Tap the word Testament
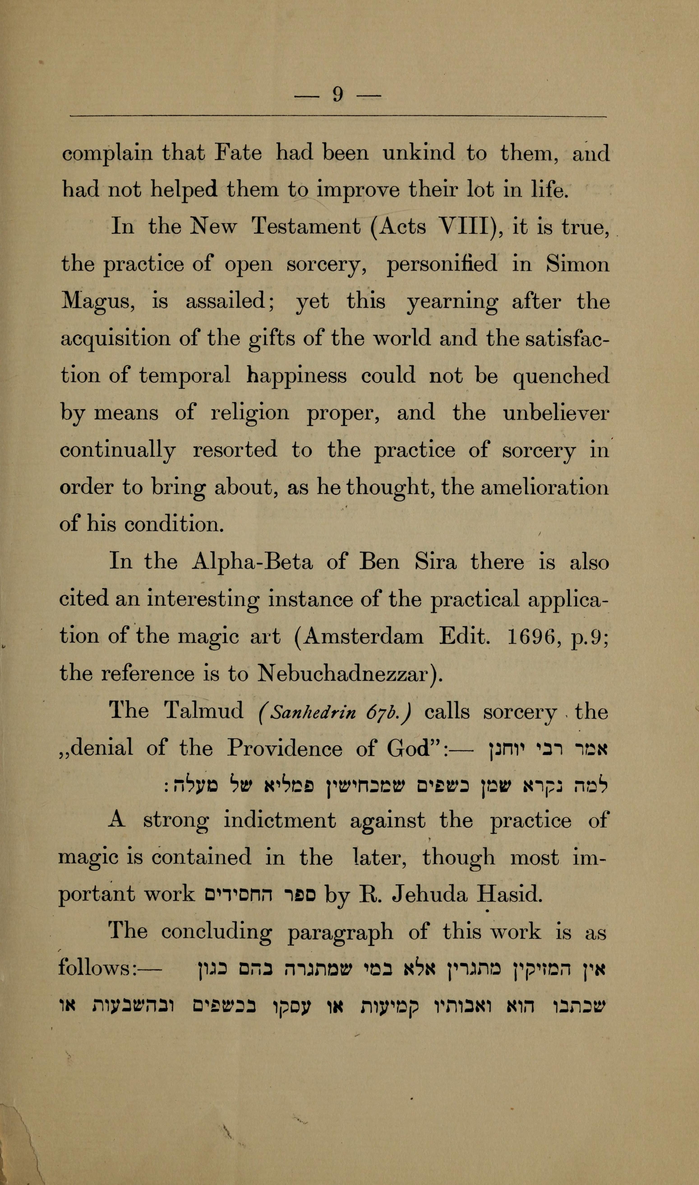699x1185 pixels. [307, 227]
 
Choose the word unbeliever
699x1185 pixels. [556, 413]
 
